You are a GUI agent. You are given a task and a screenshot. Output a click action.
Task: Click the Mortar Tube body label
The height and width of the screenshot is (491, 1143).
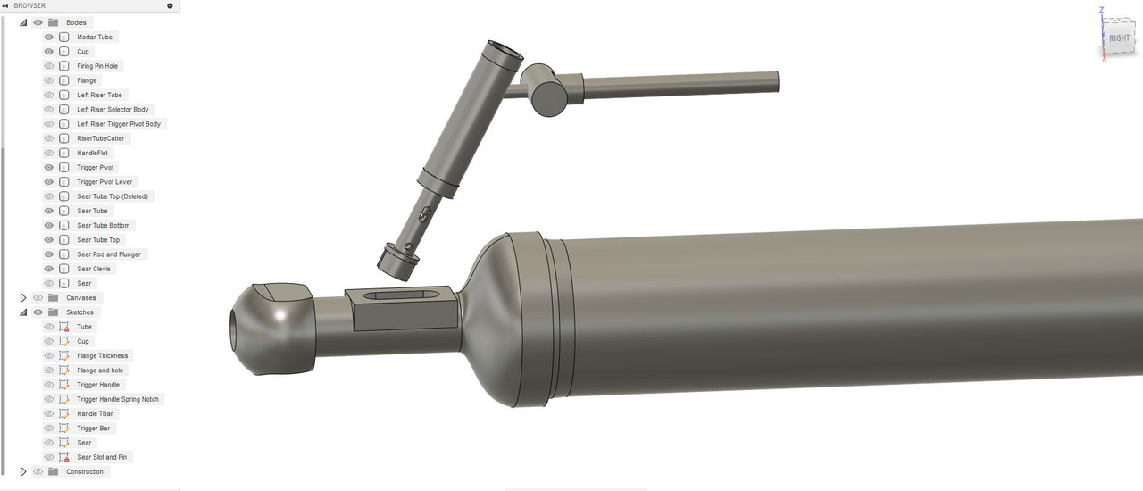point(95,37)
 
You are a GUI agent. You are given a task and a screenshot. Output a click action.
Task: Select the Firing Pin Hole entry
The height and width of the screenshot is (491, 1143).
point(97,66)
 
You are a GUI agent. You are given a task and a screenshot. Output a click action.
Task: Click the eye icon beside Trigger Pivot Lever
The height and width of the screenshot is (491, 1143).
point(48,182)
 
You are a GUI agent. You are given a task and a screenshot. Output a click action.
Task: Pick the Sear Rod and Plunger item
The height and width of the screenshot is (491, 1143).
point(109,254)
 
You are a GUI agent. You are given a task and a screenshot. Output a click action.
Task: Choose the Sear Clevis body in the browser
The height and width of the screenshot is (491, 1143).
point(94,269)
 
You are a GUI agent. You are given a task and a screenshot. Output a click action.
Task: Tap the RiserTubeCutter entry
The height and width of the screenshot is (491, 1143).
point(101,138)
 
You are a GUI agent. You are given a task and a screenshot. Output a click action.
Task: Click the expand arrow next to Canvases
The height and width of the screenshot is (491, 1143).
point(23,297)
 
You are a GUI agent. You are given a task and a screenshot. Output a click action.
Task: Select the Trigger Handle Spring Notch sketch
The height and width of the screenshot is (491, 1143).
point(117,399)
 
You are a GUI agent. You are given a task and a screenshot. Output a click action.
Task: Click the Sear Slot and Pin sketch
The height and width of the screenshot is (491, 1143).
point(102,457)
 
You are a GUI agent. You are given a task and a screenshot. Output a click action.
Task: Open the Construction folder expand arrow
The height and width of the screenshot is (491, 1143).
point(23,471)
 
